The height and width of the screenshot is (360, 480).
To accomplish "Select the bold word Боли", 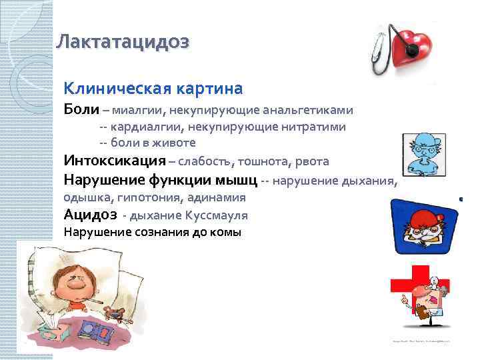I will (81, 109).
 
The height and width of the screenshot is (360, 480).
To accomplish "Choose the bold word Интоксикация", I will (115, 161).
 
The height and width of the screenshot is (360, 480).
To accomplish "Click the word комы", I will (228, 233).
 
